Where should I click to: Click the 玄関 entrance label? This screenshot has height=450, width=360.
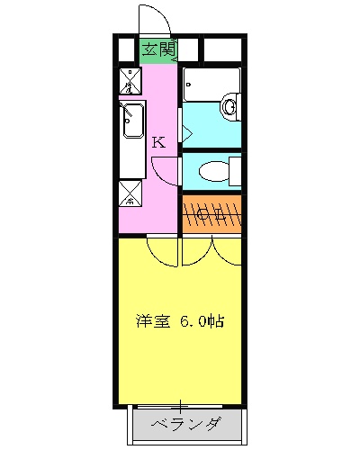click(x=157, y=50)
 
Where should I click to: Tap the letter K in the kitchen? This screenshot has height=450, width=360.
click(x=158, y=141)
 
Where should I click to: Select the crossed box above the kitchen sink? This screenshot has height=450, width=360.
click(x=132, y=81)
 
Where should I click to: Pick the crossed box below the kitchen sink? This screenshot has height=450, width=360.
click(x=131, y=190)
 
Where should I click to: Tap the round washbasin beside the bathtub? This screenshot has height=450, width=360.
click(x=231, y=107)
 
